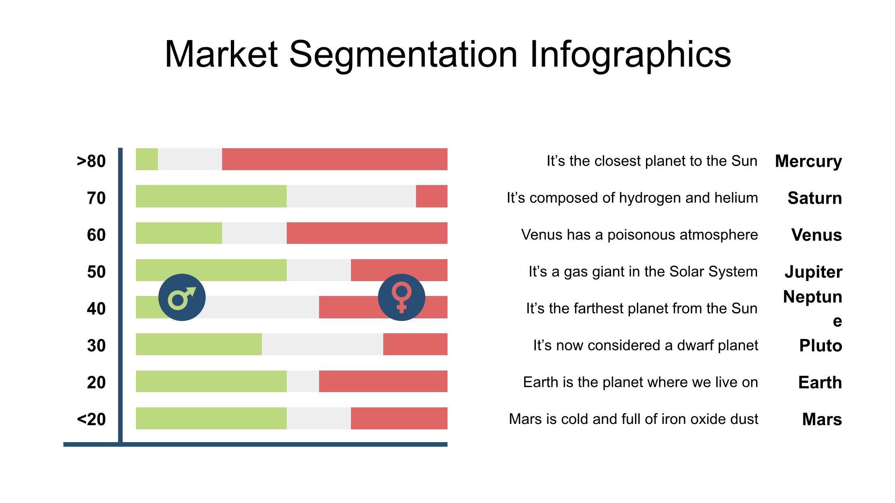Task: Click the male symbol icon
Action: pyautogui.click(x=182, y=297)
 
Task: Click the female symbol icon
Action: pyautogui.click(x=402, y=297)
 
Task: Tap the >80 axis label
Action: pyautogui.click(x=91, y=161)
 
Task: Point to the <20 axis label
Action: pyautogui.click(x=91, y=419)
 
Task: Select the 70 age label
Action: pyautogui.click(x=97, y=198)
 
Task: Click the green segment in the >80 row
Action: pyautogui.click(x=147, y=159)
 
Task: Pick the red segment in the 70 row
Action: pyautogui.click(x=432, y=196)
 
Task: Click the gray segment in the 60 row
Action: pyautogui.click(x=254, y=233)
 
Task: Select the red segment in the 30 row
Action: pyautogui.click(x=415, y=344)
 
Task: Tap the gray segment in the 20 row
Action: pyautogui.click(x=303, y=381)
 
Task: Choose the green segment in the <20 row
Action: pyautogui.click(x=211, y=418)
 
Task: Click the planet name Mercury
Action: pyautogui.click(x=808, y=161)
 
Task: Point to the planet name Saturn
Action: pyautogui.click(x=815, y=198)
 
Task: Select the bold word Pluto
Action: pyautogui.click(x=820, y=346)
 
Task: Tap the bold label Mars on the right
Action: pyautogui.click(x=822, y=419)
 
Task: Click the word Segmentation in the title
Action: pyautogui.click(x=403, y=54)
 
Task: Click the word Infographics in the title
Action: pyautogui.click(x=630, y=54)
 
